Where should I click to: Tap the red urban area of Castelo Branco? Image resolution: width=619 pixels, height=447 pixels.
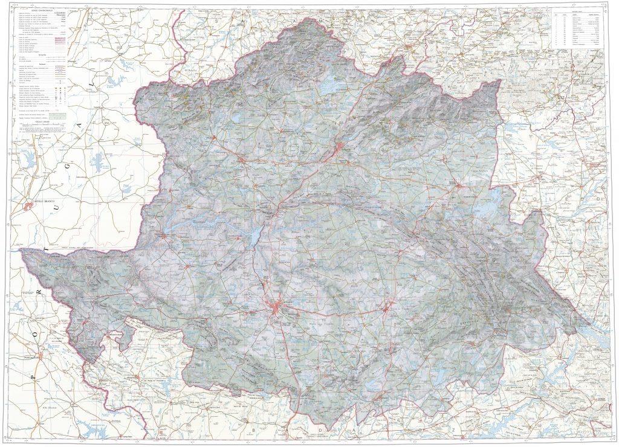click(x=29, y=207)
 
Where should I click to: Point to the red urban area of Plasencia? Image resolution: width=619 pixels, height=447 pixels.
click(x=342, y=147)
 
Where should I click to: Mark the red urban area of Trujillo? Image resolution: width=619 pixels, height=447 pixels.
click(x=387, y=309)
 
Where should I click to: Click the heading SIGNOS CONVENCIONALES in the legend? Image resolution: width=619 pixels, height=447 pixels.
click(x=34, y=8)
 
